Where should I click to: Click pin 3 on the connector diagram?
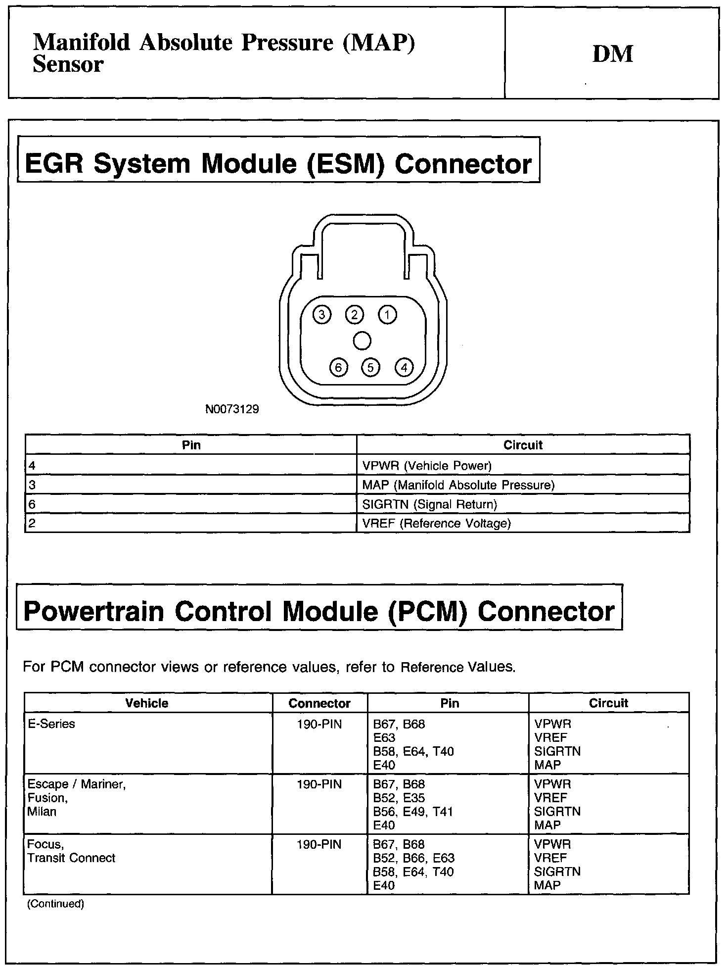(322, 315)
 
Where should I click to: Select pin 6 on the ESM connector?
(338, 368)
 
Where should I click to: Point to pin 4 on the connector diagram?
(404, 368)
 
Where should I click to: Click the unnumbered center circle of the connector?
(363, 341)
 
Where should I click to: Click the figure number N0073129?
(232, 410)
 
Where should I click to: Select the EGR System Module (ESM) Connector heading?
(278, 164)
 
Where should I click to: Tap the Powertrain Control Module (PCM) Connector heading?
(319, 611)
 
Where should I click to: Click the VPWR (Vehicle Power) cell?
(427, 466)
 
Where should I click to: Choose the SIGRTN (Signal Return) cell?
(429, 504)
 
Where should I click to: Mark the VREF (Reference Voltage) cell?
(436, 524)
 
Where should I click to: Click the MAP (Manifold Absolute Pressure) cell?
(458, 485)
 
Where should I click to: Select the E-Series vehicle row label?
(51, 724)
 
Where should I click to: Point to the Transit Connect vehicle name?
(71, 858)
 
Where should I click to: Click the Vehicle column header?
(147, 703)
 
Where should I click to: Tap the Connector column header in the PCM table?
(319, 703)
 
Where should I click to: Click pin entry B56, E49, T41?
(413, 812)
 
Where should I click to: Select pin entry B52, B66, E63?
(414, 858)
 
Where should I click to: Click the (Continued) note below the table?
(55, 904)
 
